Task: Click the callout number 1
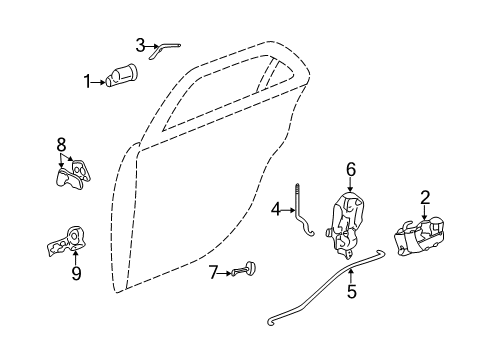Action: pos(87,81)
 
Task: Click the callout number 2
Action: pos(425,197)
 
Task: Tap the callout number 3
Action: pos(141,44)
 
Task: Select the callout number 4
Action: pos(275,210)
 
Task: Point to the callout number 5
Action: pos(351,293)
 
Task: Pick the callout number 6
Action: pos(351,170)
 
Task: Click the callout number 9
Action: pos(76,271)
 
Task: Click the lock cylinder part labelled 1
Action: pos(123,76)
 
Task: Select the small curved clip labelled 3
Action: pos(169,46)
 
